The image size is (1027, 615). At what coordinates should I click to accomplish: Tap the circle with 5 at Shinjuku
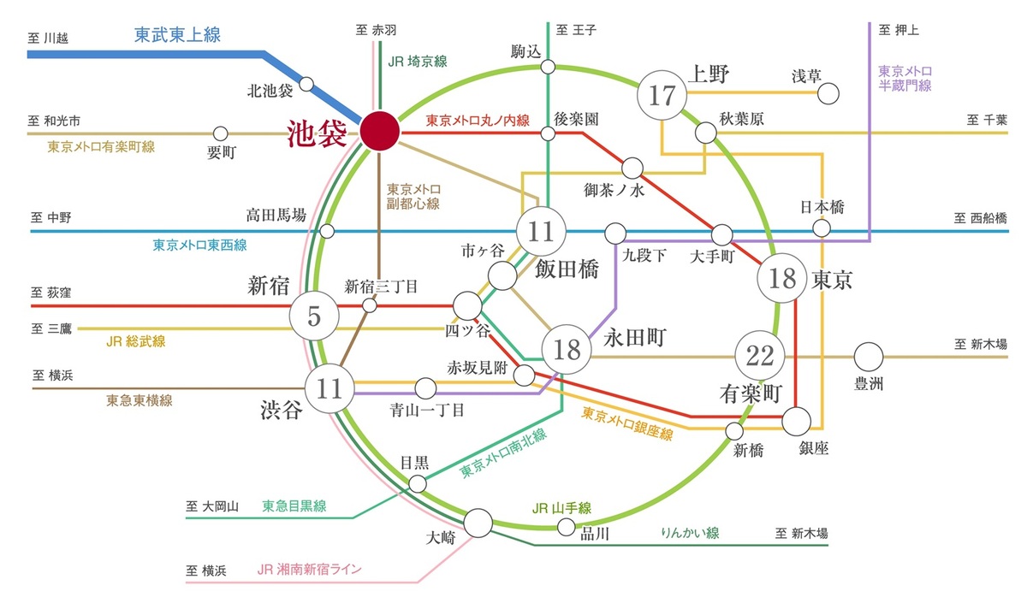(313, 316)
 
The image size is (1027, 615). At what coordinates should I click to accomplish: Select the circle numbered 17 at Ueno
(662, 96)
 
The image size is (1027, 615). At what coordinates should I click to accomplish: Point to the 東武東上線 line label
(177, 35)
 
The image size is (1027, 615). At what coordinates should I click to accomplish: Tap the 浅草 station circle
(828, 93)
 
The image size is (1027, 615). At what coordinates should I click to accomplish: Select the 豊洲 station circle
(868, 355)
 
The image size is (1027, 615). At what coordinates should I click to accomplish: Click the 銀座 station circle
(796, 420)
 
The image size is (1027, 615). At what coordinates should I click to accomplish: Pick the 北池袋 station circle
(306, 86)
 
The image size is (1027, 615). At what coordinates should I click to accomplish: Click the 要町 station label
(221, 154)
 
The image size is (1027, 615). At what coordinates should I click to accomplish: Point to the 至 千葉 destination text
(987, 120)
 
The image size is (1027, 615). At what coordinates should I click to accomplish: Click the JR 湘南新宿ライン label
(309, 569)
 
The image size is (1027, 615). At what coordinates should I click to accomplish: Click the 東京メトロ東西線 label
(199, 245)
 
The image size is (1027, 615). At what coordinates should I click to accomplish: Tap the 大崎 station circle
(478, 521)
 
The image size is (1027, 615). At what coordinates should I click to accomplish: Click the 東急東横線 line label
(139, 399)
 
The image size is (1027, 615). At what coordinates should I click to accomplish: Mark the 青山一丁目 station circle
(425, 387)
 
